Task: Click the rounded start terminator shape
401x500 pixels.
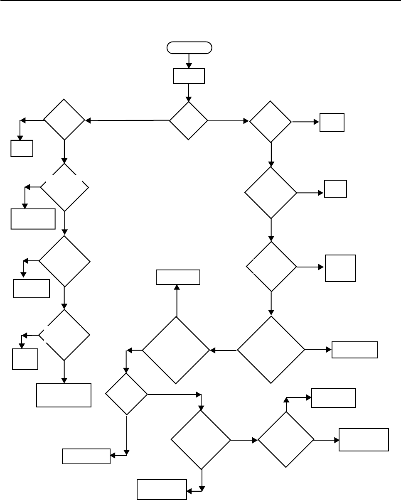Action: click(189, 48)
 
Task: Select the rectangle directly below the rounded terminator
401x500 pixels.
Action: click(189, 76)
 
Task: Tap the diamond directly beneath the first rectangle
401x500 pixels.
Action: click(189, 121)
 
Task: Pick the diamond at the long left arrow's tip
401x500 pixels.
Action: click(64, 120)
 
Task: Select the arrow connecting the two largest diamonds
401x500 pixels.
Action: click(223, 350)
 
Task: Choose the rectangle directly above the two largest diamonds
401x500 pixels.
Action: click(178, 277)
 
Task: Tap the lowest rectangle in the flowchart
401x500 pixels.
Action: click(162, 489)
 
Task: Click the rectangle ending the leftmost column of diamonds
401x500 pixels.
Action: click(64, 395)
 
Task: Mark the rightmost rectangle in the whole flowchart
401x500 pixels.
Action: click(364, 439)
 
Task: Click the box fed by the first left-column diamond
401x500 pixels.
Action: click(22, 148)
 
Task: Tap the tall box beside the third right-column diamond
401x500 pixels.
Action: click(340, 268)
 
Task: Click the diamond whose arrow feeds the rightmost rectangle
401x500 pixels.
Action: click(286, 440)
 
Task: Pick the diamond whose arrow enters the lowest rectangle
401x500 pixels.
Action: click(201, 440)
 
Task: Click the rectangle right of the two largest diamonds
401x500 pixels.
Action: click(355, 350)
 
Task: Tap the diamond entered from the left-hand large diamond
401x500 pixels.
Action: click(127, 394)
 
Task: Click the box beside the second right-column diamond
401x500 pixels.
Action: click(335, 189)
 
